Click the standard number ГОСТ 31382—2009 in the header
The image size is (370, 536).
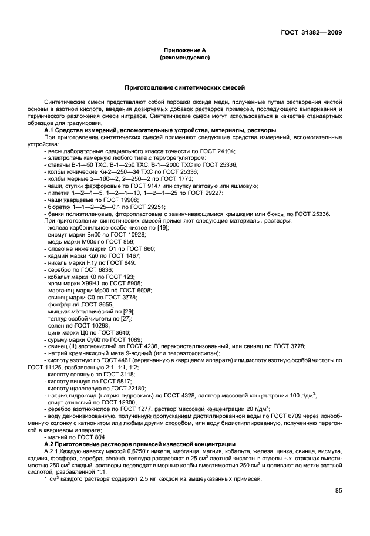point(310,32)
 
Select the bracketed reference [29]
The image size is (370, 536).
point(129,311)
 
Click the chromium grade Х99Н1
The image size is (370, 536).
point(86,283)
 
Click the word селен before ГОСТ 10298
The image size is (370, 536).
point(56,325)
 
